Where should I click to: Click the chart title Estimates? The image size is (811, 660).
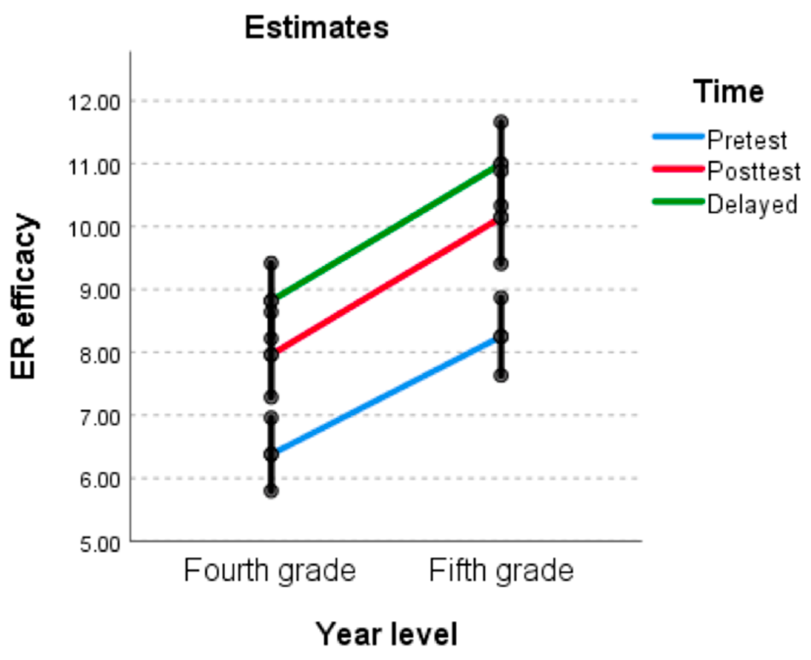[x=317, y=28]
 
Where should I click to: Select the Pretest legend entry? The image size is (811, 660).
[x=746, y=140]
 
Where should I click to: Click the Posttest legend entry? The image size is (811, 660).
[x=753, y=172]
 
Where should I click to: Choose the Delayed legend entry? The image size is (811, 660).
[x=751, y=204]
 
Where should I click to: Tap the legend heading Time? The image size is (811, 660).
[x=729, y=92]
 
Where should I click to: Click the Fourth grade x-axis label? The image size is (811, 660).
[x=270, y=571]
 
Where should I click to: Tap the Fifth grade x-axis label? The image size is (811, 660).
[x=501, y=571]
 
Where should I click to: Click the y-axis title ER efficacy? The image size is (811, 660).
[x=23, y=297]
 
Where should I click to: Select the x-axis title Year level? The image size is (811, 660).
[x=386, y=634]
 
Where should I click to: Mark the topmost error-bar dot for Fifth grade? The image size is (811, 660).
[x=501, y=122]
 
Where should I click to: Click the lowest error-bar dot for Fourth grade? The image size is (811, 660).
[x=271, y=491]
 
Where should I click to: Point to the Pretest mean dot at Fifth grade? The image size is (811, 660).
[x=501, y=337]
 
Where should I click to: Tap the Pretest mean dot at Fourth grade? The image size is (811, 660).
[x=271, y=454]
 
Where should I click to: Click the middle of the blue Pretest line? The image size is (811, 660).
[x=386, y=396]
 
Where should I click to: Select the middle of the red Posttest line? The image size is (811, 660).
[x=386, y=286]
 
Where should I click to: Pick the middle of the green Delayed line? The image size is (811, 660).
[x=386, y=232]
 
